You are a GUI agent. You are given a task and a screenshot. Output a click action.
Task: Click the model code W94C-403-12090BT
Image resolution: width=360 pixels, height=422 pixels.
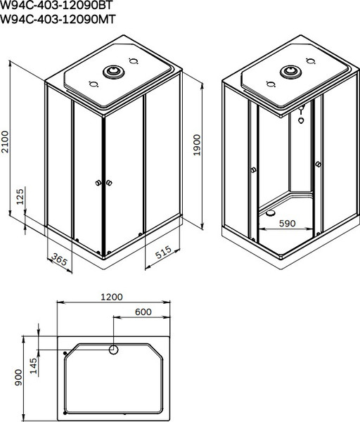pos(56,6)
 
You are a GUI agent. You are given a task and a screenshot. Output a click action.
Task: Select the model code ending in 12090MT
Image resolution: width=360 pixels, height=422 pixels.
pos(56,20)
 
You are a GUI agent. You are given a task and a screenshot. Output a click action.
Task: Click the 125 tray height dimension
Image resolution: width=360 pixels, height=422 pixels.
pos(20,198)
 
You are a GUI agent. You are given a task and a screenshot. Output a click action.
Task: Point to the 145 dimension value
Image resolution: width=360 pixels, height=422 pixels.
pos(34,366)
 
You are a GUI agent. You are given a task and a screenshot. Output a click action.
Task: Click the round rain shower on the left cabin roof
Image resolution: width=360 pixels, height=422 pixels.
pos(112,72)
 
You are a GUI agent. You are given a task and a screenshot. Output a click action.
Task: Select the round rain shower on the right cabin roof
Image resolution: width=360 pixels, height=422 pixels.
pos(289,72)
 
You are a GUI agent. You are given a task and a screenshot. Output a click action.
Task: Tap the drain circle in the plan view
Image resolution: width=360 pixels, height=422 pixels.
pos(113,349)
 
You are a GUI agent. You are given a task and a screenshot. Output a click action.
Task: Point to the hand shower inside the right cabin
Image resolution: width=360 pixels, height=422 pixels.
pos(302,116)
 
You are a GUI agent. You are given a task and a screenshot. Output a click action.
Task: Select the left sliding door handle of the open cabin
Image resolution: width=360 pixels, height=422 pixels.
pos(253,171)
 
